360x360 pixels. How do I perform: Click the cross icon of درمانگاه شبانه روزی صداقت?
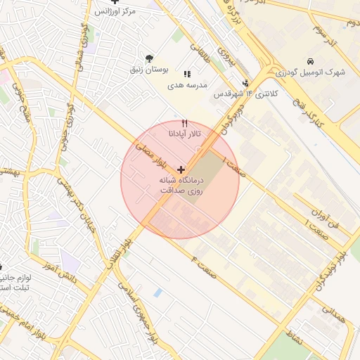pos(181,169)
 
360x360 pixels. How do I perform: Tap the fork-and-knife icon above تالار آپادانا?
pos(185,122)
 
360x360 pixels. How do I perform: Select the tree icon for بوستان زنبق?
pos(148,58)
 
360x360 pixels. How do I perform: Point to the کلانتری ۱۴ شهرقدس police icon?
pos(245,83)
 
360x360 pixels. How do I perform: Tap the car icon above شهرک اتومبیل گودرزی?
pos(311,61)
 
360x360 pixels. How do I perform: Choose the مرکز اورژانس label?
pos(113,12)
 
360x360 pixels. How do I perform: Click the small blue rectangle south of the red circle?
pos(157,292)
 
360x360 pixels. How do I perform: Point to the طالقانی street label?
pos(200,50)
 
